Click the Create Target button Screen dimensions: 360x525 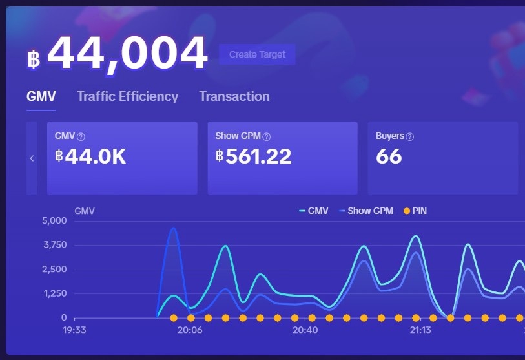(x=257, y=54)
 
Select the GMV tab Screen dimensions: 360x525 (x=41, y=96)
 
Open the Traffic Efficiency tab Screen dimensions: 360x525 (x=127, y=96)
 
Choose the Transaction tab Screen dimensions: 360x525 (x=234, y=96)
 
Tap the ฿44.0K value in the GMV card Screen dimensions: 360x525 (x=90, y=156)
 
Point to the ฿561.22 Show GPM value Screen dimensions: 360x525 (x=254, y=156)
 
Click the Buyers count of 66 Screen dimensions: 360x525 (x=389, y=156)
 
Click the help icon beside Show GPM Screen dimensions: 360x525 (x=267, y=136)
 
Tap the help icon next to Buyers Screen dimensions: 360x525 (x=410, y=136)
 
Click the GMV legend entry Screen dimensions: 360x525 (x=314, y=211)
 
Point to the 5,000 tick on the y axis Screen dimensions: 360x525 (x=55, y=220)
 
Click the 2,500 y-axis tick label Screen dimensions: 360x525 (x=55, y=269)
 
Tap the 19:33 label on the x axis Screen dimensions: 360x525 (x=74, y=330)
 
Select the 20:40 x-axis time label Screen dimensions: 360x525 (x=305, y=330)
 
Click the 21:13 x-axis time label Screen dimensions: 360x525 (x=420, y=330)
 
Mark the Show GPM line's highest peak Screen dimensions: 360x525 (x=172, y=228)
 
